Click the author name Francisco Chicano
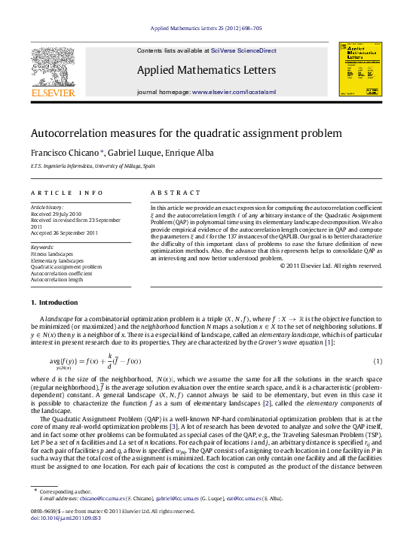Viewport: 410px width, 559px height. coord(63,153)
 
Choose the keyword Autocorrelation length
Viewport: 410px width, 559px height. coord(57,279)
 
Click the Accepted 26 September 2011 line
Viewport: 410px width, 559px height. coord(64,232)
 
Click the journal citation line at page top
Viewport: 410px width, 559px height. coord(205,28)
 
